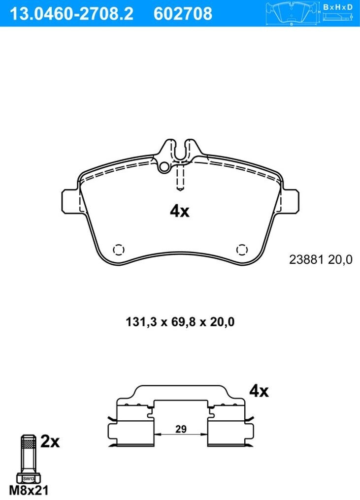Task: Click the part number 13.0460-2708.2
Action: pyautogui.click(x=72, y=14)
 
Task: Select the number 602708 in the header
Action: pyautogui.click(x=183, y=14)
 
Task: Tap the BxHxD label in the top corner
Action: pyautogui.click(x=338, y=7)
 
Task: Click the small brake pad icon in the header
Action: pyautogui.click(x=292, y=13)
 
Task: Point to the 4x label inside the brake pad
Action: pyautogui.click(x=179, y=211)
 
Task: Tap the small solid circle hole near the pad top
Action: pyautogui.click(x=165, y=167)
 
